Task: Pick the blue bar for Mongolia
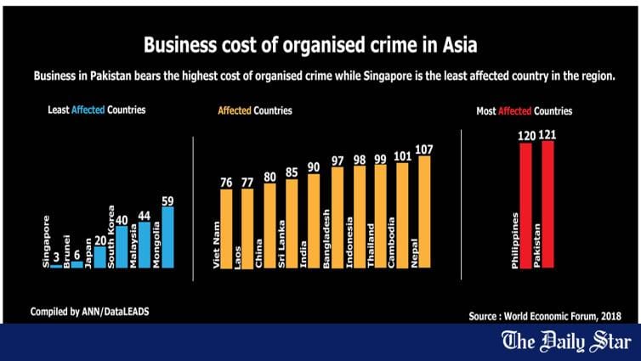pos(167,238)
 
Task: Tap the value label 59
pos(167,200)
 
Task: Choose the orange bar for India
pos(314,222)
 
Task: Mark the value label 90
pos(314,167)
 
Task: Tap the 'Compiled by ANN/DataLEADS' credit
pos(82,311)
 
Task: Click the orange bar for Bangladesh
pos(337,217)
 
